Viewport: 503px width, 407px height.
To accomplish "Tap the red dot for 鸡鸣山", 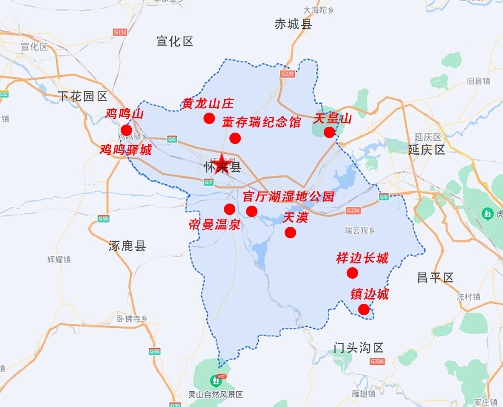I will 126,130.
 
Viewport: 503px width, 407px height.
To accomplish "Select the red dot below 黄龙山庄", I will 209,118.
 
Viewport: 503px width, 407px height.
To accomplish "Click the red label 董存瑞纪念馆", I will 261,122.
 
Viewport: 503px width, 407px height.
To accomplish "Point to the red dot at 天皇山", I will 329,132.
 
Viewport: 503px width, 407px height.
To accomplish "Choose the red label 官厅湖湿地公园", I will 288,197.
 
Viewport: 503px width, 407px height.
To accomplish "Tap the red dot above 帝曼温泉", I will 229,209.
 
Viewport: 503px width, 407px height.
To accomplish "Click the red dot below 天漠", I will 290,232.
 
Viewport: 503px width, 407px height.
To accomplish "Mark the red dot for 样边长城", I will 352,273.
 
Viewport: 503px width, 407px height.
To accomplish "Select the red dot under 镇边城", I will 364,309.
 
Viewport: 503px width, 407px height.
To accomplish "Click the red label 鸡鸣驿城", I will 126,150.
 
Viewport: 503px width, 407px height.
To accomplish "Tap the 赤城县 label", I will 293,24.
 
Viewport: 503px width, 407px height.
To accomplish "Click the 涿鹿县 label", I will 127,246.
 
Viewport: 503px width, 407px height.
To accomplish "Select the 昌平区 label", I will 435,278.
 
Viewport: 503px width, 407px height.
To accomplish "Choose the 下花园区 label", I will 82,96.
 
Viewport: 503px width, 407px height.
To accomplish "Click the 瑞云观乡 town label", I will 360,231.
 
